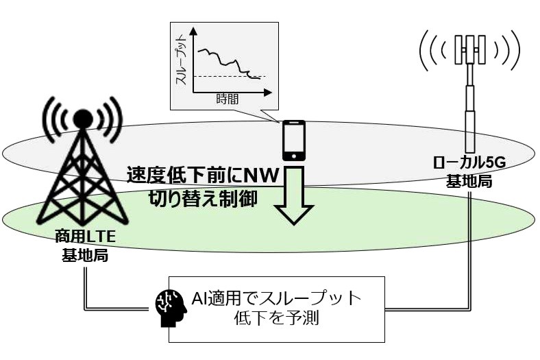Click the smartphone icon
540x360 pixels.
pyautogui.click(x=294, y=140)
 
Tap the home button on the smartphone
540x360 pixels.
pyautogui.click(x=294, y=156)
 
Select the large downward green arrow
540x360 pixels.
pyautogui.click(x=294, y=195)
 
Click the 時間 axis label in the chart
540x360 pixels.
pyautogui.click(x=228, y=99)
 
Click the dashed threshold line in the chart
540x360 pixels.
pyautogui.click(x=230, y=76)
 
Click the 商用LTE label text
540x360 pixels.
pyautogui.click(x=85, y=237)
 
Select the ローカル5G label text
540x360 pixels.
pyautogui.click(x=469, y=163)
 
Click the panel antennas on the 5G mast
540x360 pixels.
pyautogui.click(x=469, y=49)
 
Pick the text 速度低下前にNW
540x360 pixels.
pyautogui.click(x=203, y=176)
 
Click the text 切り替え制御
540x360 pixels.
pyautogui.click(x=203, y=199)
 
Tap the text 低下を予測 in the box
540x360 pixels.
pyautogui.click(x=277, y=317)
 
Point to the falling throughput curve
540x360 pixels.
pyautogui.click(x=228, y=63)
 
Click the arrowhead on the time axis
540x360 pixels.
pyautogui.click(x=268, y=93)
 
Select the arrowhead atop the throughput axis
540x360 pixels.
pyautogui.click(x=193, y=32)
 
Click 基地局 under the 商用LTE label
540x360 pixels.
pyautogui.click(x=85, y=256)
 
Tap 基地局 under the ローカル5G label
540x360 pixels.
pyautogui.click(x=469, y=181)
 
